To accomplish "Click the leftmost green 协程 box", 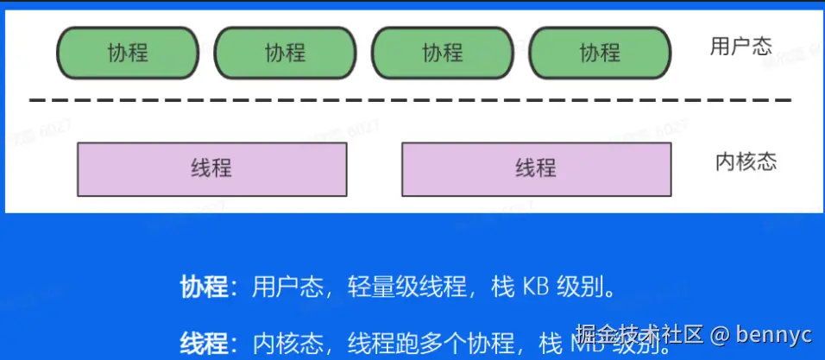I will click(128, 53).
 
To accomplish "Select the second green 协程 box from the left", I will click(285, 53).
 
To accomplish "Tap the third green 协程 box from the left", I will click(443, 53).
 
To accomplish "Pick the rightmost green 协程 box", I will click(600, 53).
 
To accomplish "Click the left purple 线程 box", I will click(211, 168).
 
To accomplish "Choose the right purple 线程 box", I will click(536, 168).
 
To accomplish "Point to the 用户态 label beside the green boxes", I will click(740, 47).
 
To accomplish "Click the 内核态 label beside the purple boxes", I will click(746, 162).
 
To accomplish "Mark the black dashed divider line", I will click(410, 101).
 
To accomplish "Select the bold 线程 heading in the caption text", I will click(204, 344).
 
